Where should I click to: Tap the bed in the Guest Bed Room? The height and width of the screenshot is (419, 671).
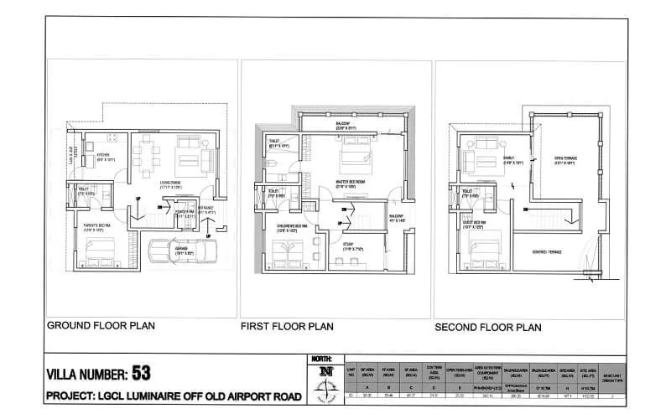(x=485, y=251)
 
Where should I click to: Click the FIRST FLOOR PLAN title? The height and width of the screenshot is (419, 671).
(x=287, y=325)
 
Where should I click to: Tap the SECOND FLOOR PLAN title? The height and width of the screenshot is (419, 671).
(x=487, y=327)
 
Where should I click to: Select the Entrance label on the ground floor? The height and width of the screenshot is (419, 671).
(x=206, y=213)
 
